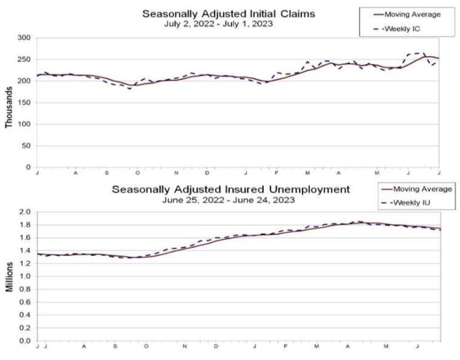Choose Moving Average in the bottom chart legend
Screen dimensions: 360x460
416,189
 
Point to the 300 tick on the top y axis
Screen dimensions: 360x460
22,37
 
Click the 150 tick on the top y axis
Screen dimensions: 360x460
22,102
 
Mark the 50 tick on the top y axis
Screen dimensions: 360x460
24,145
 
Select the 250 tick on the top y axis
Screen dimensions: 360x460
22,59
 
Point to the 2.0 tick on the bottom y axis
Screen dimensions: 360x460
25,212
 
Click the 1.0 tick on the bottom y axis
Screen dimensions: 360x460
25,276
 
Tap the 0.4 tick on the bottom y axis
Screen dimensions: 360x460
25,315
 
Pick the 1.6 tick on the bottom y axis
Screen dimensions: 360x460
25,238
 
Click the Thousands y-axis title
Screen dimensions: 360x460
9,108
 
